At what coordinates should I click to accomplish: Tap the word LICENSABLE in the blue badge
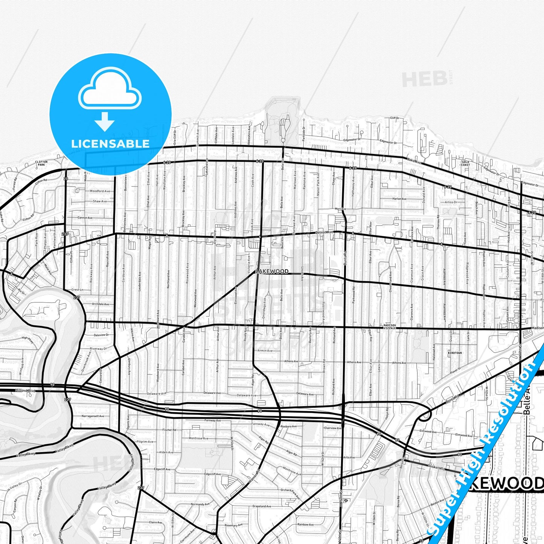point(110,143)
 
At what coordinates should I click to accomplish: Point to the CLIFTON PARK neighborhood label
point(41,163)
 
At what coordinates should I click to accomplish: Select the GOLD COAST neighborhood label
point(466,163)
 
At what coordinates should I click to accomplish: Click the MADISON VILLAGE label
point(390,326)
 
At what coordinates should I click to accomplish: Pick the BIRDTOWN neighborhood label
point(455,353)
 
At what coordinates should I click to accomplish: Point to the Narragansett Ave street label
point(93,416)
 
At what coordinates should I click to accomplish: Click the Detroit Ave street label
point(325,232)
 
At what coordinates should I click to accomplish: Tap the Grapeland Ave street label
point(262,506)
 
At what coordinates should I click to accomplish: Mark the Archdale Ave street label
point(101,304)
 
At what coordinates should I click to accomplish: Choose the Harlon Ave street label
point(399,199)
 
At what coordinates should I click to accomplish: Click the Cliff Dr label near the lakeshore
point(395,118)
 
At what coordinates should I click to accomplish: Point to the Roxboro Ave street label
point(289,426)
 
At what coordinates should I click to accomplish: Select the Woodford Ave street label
point(100,191)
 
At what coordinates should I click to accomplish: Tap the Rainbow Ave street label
point(305,524)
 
